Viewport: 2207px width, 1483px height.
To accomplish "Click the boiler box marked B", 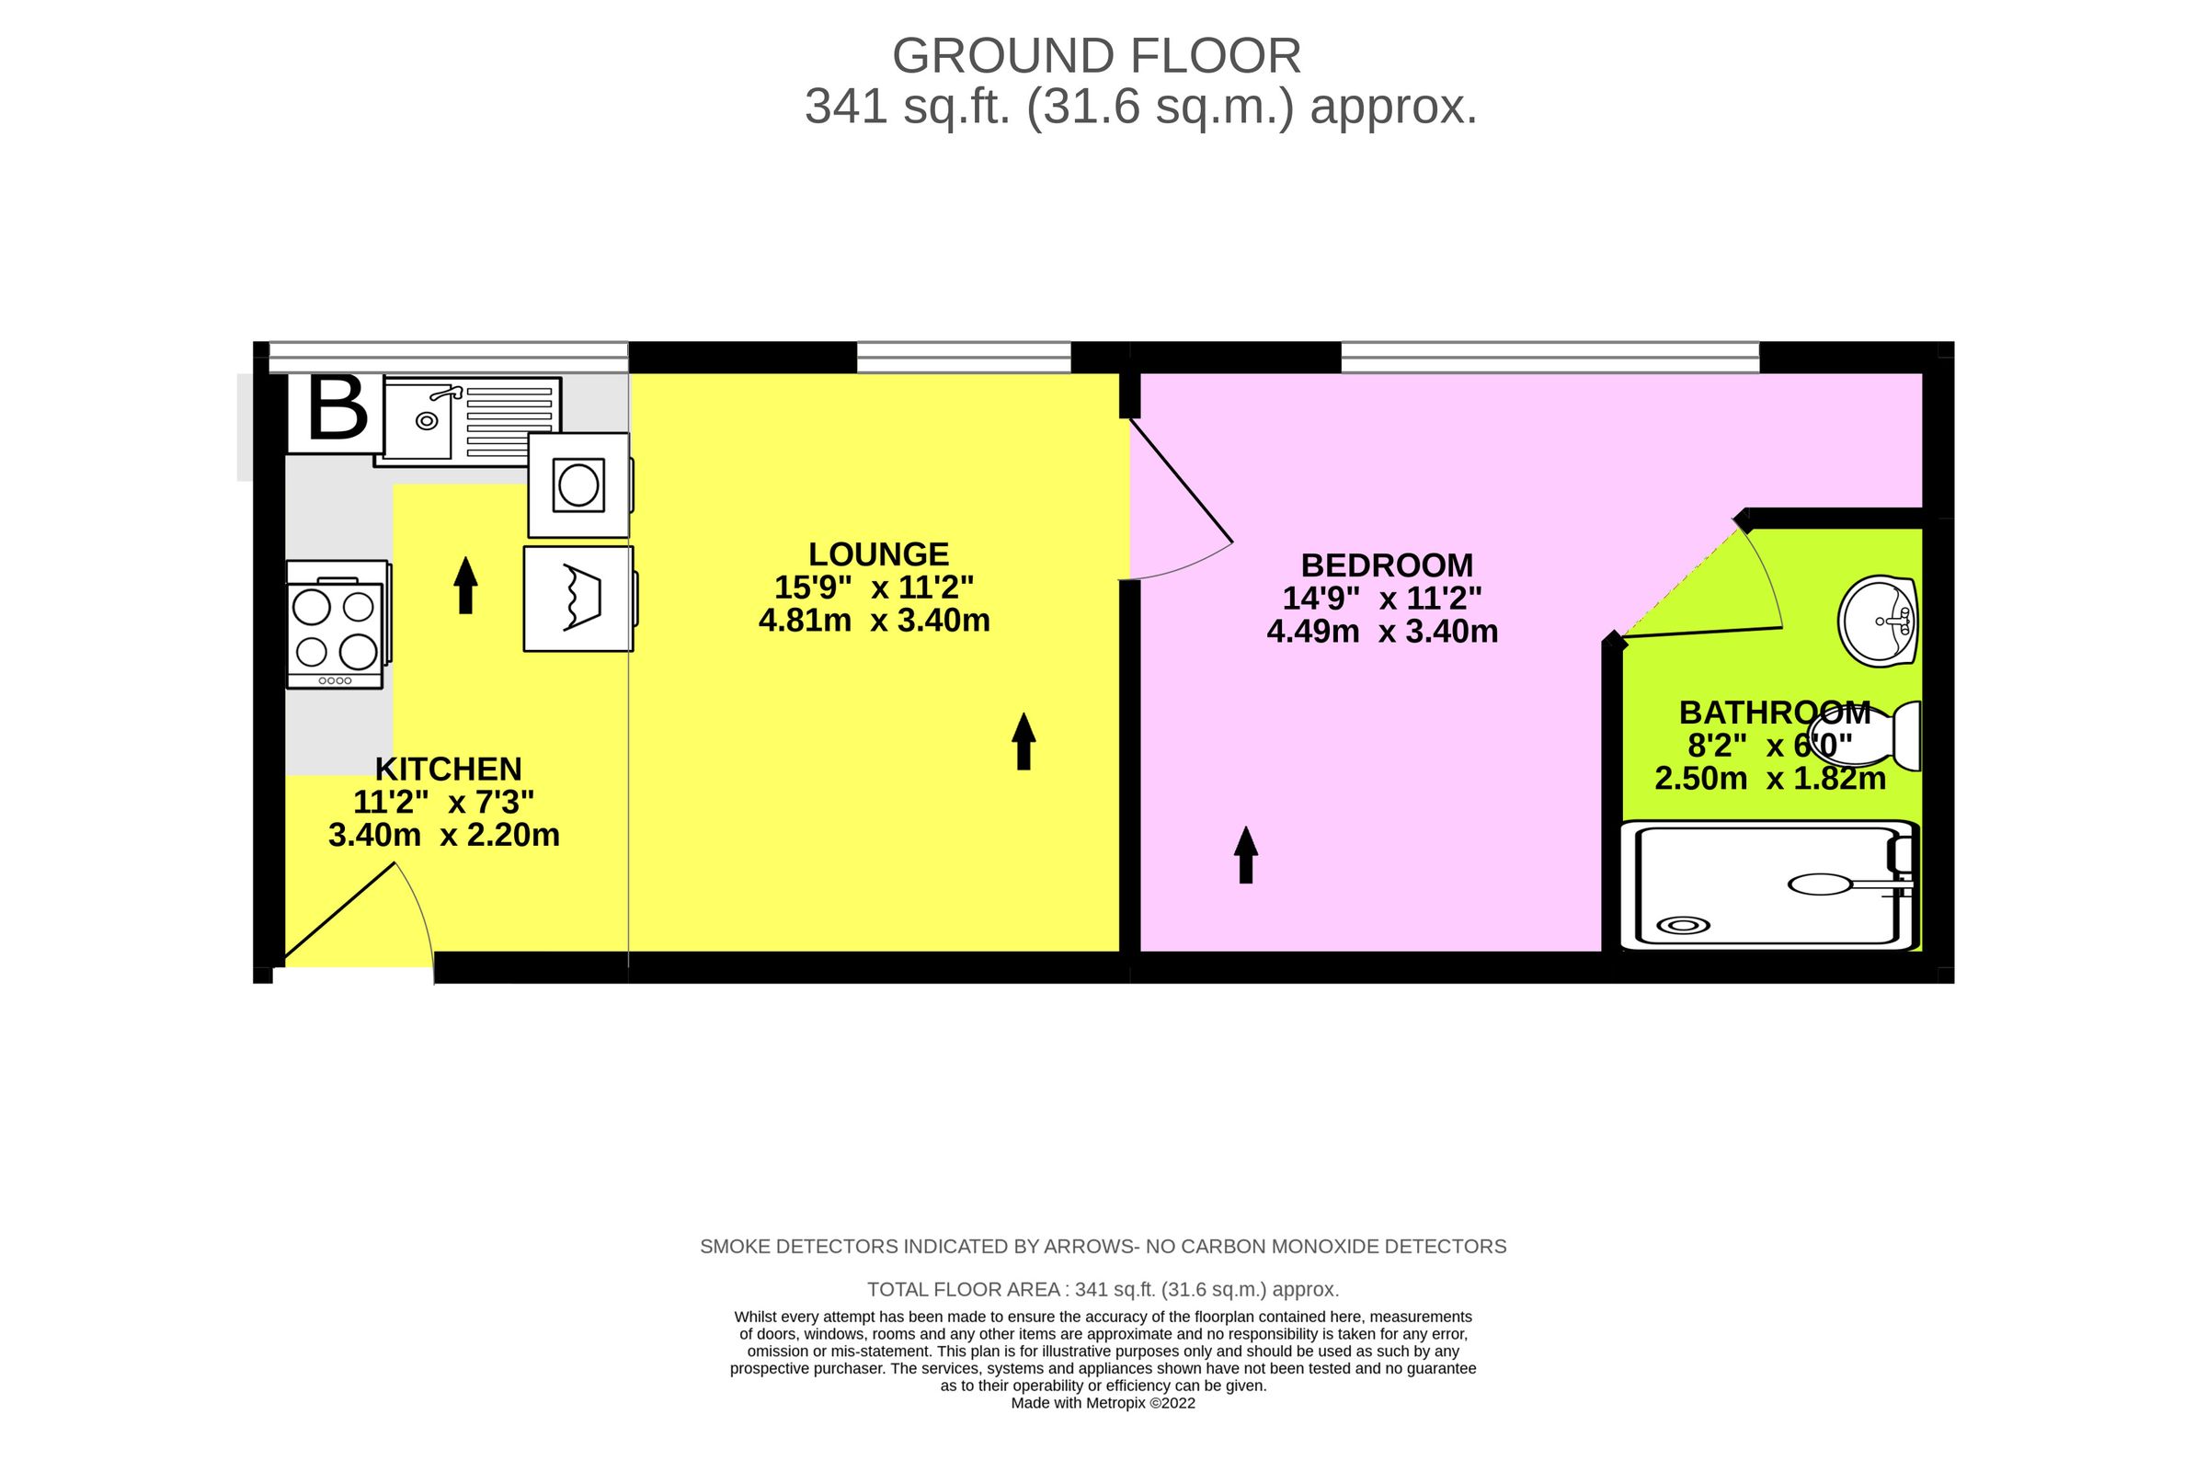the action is (x=335, y=414).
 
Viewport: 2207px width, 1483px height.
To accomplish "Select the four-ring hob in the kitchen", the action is (x=337, y=625).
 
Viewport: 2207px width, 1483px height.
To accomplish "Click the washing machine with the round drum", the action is (x=579, y=485).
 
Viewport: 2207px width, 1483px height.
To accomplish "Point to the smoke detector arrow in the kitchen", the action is (x=465, y=586).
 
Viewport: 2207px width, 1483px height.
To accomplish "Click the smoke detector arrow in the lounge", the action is (x=1023, y=741).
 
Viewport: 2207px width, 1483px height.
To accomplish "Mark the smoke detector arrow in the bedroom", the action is (x=1246, y=855).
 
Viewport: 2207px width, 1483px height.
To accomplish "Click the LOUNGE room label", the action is (x=878, y=554).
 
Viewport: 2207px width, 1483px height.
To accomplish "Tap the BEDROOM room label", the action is (x=1387, y=565).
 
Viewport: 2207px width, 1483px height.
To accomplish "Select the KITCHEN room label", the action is (x=449, y=769).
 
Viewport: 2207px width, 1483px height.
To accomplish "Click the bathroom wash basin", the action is (x=1877, y=622).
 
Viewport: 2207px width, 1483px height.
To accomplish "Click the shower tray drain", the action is (x=1683, y=926).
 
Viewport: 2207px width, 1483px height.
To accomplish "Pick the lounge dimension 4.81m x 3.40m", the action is (x=875, y=621).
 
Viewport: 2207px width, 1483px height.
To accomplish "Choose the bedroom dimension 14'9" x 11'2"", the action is (x=1382, y=599).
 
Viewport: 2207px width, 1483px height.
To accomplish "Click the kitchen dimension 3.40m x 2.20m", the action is (x=443, y=835).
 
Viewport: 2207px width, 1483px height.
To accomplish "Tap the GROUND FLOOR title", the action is (x=1096, y=57).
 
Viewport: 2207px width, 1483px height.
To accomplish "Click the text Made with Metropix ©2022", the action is (x=1103, y=1403).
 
